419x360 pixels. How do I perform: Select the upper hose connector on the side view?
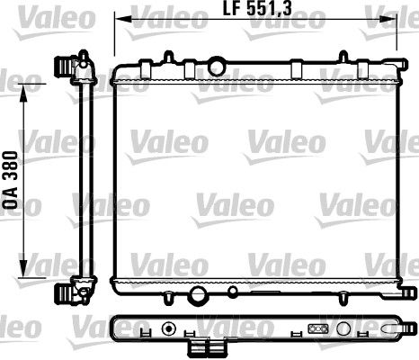point(65,67)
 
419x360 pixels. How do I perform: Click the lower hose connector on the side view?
point(65,293)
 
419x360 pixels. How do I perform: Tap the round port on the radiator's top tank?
point(216,65)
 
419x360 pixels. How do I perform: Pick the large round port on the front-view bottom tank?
point(199,293)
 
